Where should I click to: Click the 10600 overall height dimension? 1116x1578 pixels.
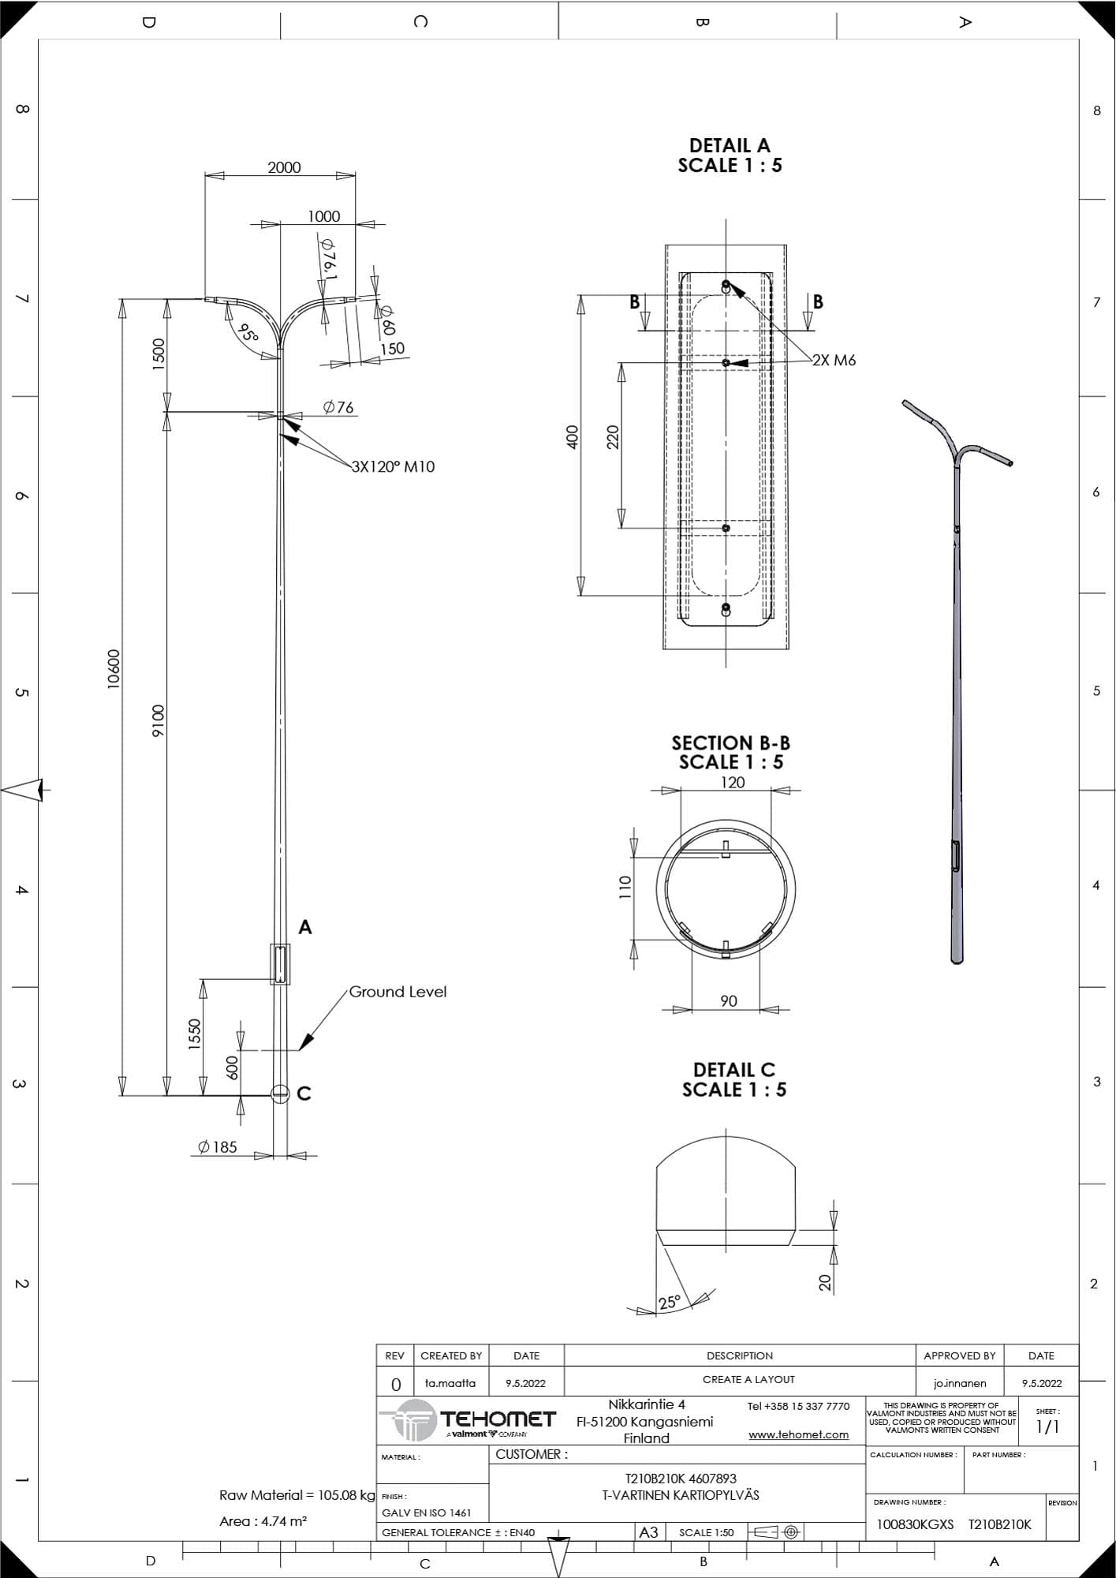[114, 669]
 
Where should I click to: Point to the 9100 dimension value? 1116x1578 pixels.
[159, 721]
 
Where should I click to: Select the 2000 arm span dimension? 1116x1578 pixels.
[284, 167]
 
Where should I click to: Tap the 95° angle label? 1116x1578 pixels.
[248, 333]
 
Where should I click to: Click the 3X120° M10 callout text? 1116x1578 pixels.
[393, 466]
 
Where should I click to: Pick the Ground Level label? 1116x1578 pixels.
[398, 992]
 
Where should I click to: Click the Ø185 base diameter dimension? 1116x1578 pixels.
[218, 1147]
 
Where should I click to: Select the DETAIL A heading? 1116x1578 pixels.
[730, 146]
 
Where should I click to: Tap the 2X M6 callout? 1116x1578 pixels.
[834, 361]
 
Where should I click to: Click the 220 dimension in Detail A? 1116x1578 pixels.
[613, 437]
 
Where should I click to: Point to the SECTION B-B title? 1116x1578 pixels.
[730, 743]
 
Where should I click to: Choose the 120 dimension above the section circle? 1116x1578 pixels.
[733, 783]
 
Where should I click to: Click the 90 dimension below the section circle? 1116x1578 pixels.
[729, 1001]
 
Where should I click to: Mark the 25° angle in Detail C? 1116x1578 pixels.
[670, 1303]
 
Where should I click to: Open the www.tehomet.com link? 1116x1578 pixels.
[798, 1434]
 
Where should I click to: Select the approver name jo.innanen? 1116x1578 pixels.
[959, 1383]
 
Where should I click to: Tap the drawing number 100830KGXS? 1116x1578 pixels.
[915, 1524]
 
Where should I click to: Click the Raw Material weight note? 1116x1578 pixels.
[297, 1495]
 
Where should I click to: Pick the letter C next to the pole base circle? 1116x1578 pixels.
[304, 1094]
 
